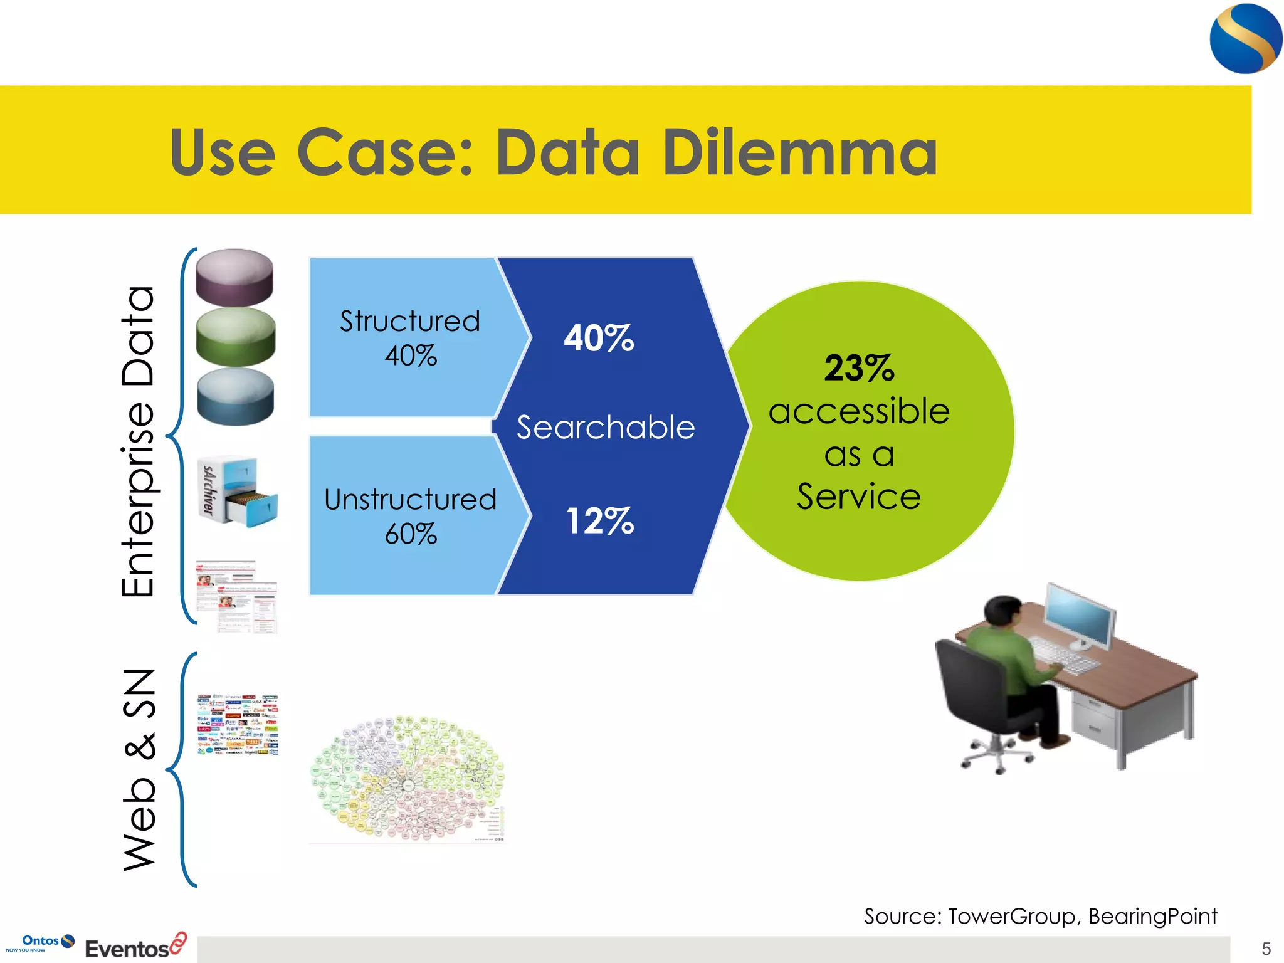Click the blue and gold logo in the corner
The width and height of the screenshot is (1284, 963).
1245,39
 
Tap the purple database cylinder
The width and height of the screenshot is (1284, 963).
234,276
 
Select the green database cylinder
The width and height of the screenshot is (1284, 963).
236,336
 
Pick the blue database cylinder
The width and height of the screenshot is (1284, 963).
235,396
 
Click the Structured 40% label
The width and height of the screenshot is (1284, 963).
410,338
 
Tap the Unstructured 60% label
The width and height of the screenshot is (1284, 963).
410,516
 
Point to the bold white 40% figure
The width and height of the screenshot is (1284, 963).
599,338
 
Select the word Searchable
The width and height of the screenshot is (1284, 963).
605,428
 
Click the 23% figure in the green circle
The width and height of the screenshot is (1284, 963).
858,368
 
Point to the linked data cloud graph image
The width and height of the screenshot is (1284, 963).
408,778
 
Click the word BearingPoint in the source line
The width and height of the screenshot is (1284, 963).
1152,916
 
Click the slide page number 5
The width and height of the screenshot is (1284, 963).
1266,949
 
